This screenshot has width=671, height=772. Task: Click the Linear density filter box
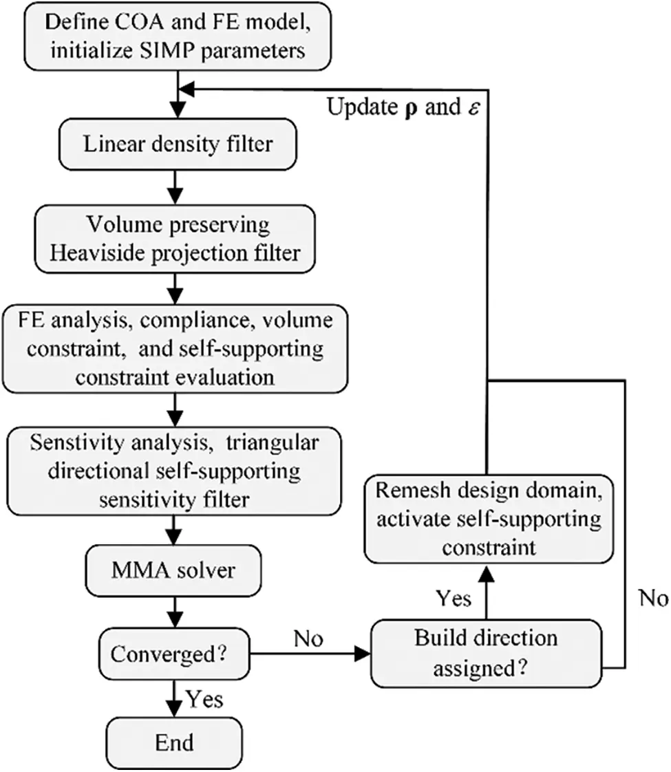pos(177,145)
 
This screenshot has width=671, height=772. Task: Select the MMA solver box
pos(178,570)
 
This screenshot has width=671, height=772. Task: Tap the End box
pos(175,742)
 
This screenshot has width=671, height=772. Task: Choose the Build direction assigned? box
pos(485,649)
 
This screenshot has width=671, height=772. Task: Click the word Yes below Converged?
pos(204,700)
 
